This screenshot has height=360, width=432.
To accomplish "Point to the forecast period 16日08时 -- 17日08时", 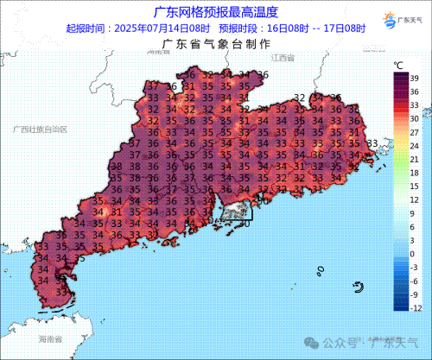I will (310, 28).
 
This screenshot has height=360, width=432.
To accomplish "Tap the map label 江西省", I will (283, 57).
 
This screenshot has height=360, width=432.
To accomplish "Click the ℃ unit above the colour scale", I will (399, 65).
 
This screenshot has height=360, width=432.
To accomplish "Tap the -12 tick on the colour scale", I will (416, 306).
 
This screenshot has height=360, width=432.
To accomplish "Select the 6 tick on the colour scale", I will (412, 225).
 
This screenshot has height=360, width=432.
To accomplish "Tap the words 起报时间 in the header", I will (85, 28).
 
